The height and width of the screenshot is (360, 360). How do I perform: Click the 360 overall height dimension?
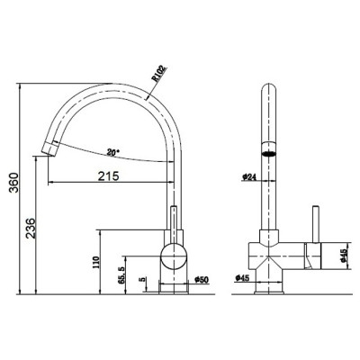point(13,183)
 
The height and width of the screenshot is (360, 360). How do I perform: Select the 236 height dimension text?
point(31,228)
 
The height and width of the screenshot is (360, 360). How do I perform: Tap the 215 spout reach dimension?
point(109,176)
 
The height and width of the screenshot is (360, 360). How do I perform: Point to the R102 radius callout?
point(159,74)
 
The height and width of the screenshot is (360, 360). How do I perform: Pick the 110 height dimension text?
point(95,263)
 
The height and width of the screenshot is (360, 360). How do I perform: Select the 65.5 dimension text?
point(121,275)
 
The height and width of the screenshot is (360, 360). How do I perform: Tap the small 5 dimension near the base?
point(143,279)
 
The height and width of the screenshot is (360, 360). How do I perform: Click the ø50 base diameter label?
point(202,280)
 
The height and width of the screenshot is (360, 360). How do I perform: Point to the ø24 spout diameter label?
point(248,177)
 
